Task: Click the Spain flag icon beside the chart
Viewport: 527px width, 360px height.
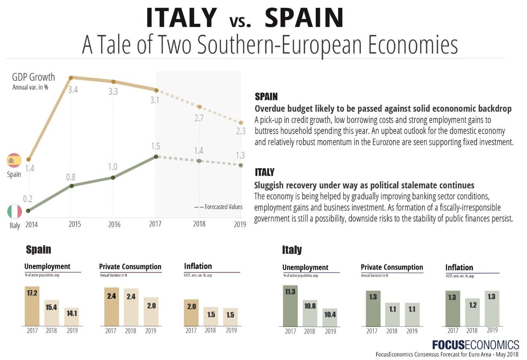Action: tap(14, 161)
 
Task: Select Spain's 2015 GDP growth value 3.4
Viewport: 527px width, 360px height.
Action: tap(73, 90)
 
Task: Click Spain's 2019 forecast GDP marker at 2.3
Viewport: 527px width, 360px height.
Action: tap(241, 123)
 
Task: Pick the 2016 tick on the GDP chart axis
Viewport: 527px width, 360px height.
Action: tap(114, 224)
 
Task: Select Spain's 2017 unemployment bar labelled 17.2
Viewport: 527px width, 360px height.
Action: tap(32, 306)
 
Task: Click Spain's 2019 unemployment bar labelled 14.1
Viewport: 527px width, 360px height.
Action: tap(72, 316)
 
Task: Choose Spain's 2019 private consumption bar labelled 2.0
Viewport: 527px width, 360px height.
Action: tap(151, 311)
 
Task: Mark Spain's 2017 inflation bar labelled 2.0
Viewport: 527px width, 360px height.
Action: tap(191, 312)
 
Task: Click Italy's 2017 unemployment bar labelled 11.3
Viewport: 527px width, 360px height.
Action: tap(290, 306)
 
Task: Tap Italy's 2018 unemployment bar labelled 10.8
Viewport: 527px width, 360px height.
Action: tap(310, 313)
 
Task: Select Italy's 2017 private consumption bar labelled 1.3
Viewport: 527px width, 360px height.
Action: tap(373, 308)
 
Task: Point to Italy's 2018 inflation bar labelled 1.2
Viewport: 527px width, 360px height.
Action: tap(472, 312)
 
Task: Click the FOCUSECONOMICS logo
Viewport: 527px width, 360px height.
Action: tap(475, 344)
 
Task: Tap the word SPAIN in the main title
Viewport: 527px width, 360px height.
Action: tap(304, 18)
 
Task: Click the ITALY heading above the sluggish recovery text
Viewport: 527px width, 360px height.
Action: tap(265, 172)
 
